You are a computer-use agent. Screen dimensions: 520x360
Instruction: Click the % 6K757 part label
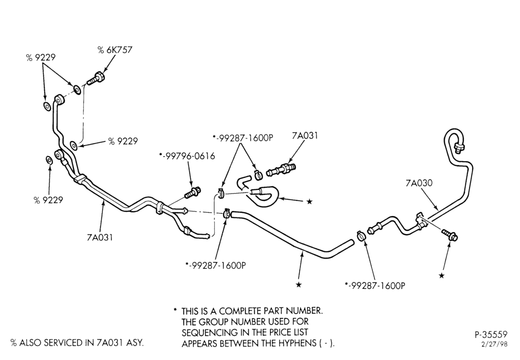coord(115,50)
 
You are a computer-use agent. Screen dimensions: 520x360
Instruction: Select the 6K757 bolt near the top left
coord(96,79)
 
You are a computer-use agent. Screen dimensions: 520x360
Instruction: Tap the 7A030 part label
coord(419,183)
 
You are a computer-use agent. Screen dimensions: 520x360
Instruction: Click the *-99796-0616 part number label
coord(187,156)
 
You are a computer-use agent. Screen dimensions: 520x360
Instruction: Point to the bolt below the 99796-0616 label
coord(192,192)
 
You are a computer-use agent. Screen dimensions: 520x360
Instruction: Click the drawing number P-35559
coord(491,334)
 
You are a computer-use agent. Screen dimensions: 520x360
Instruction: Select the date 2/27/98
coord(495,344)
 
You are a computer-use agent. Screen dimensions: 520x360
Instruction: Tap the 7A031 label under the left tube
coord(100,237)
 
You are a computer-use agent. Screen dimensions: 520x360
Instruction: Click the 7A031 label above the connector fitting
coord(305,135)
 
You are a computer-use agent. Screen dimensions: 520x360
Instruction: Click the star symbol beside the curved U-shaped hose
coord(309,201)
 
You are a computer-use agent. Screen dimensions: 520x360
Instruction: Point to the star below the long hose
coord(298,285)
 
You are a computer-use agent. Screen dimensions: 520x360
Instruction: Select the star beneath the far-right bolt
coord(441,275)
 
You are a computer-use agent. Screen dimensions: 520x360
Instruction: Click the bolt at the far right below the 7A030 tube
coord(450,235)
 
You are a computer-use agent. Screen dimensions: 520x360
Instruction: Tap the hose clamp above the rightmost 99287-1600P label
coord(361,235)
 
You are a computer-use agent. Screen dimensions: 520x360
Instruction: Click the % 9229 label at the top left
coord(41,57)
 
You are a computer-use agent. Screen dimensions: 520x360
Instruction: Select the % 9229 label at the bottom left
coord(48,200)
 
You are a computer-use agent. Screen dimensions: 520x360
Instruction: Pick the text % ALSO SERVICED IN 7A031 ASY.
coord(77,343)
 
